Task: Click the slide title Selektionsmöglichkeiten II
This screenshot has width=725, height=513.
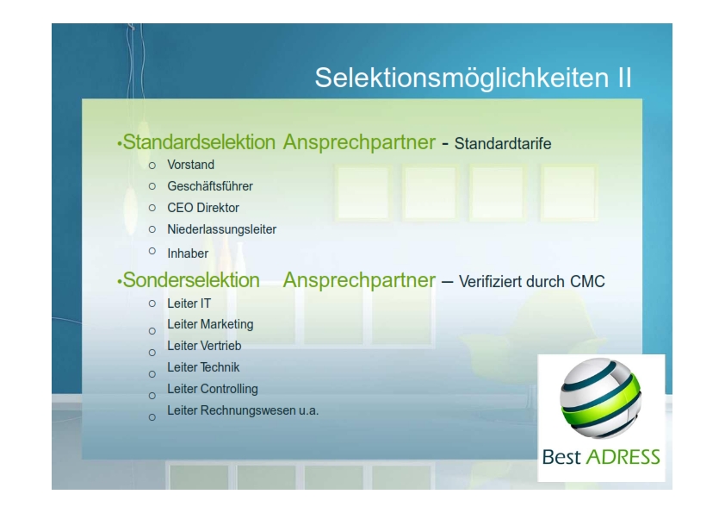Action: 473,78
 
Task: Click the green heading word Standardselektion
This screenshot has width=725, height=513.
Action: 199,142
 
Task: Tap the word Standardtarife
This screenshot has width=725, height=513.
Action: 503,143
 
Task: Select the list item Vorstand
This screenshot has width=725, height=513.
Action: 190,165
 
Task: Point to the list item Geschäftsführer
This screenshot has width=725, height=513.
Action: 210,186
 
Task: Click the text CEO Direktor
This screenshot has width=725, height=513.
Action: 203,208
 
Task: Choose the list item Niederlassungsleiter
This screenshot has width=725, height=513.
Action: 222,229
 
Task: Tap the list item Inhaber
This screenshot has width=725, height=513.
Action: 188,253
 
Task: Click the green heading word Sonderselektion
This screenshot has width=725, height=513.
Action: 191,280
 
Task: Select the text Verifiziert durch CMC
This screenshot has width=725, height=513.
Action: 532,281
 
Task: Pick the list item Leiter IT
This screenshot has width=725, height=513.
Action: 189,303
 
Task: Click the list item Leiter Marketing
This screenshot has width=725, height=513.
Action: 210,324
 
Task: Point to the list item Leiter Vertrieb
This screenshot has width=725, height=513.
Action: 204,346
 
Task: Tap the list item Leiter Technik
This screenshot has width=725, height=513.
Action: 203,367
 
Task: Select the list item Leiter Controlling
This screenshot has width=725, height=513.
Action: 213,389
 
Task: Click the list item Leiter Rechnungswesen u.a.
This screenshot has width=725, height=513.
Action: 243,410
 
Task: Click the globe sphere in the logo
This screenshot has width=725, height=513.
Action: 601,398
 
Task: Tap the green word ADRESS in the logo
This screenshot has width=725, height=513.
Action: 623,457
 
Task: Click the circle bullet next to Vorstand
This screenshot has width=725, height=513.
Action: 152,166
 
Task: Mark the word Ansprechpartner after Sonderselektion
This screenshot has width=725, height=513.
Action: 359,280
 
